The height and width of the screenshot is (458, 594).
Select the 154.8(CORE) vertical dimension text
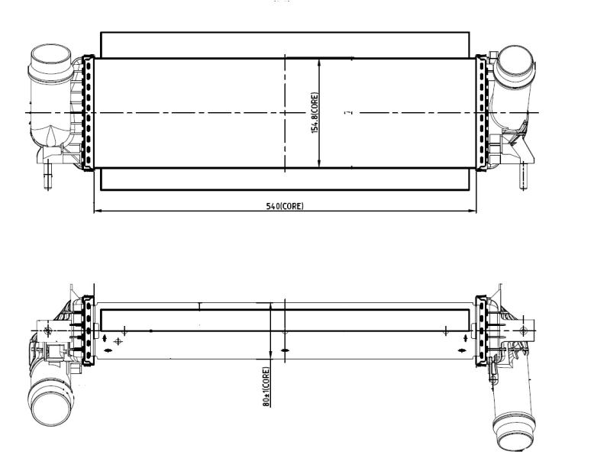(x=314, y=113)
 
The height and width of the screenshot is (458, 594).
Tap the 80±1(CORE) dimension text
(x=266, y=387)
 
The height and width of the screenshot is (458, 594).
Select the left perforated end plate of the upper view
(x=87, y=112)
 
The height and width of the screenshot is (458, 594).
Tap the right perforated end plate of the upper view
(x=482, y=112)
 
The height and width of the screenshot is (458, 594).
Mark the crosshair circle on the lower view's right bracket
(x=523, y=330)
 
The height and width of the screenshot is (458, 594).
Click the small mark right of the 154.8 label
(x=347, y=113)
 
